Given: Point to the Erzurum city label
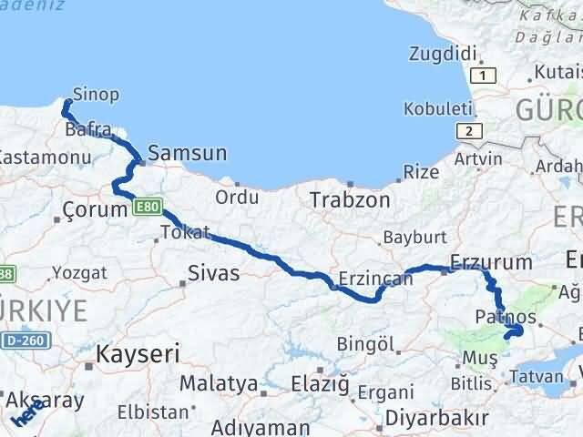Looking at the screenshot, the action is pyautogui.click(x=491, y=262).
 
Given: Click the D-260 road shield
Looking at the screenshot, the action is pyautogui.click(x=26, y=340).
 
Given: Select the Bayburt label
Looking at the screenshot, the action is pyautogui.click(x=415, y=236).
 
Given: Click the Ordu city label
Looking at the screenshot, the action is pyautogui.click(x=237, y=198).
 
